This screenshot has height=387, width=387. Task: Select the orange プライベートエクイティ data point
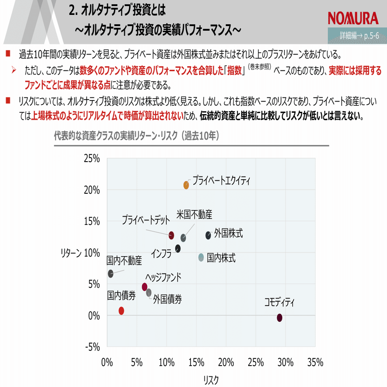186,185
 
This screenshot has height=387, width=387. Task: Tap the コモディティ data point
279,318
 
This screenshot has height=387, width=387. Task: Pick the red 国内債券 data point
121,311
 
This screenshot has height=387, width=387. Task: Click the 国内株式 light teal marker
201,257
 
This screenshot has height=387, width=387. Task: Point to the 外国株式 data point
208,235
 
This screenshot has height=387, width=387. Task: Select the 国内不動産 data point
110,274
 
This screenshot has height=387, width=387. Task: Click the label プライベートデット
146,220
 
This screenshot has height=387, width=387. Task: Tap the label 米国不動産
194,215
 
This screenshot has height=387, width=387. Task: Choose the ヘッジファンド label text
163,278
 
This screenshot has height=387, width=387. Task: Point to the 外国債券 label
167,299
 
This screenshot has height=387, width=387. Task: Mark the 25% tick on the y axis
92,158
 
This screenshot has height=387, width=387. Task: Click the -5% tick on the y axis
92,347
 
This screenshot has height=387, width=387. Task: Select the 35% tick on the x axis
315,362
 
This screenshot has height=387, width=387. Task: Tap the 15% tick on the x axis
196,362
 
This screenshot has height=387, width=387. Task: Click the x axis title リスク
210,380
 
